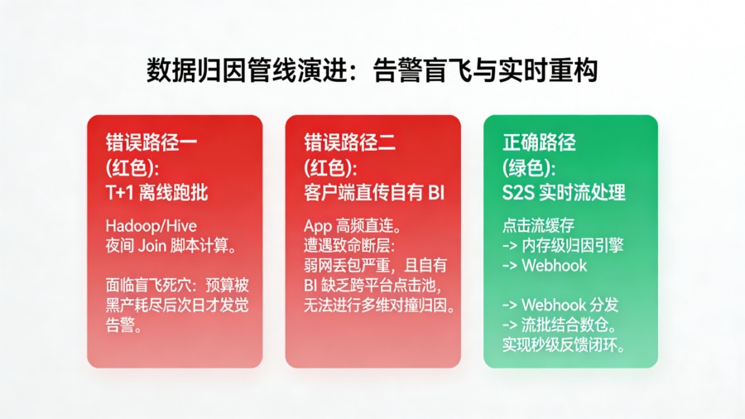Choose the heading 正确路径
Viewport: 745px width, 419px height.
point(539,142)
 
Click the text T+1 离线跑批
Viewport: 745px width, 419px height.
point(156,193)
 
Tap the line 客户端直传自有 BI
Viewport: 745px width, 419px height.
point(375,193)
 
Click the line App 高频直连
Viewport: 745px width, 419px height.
point(352,225)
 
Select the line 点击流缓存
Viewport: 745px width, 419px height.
point(538,225)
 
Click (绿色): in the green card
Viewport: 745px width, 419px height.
point(529,167)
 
